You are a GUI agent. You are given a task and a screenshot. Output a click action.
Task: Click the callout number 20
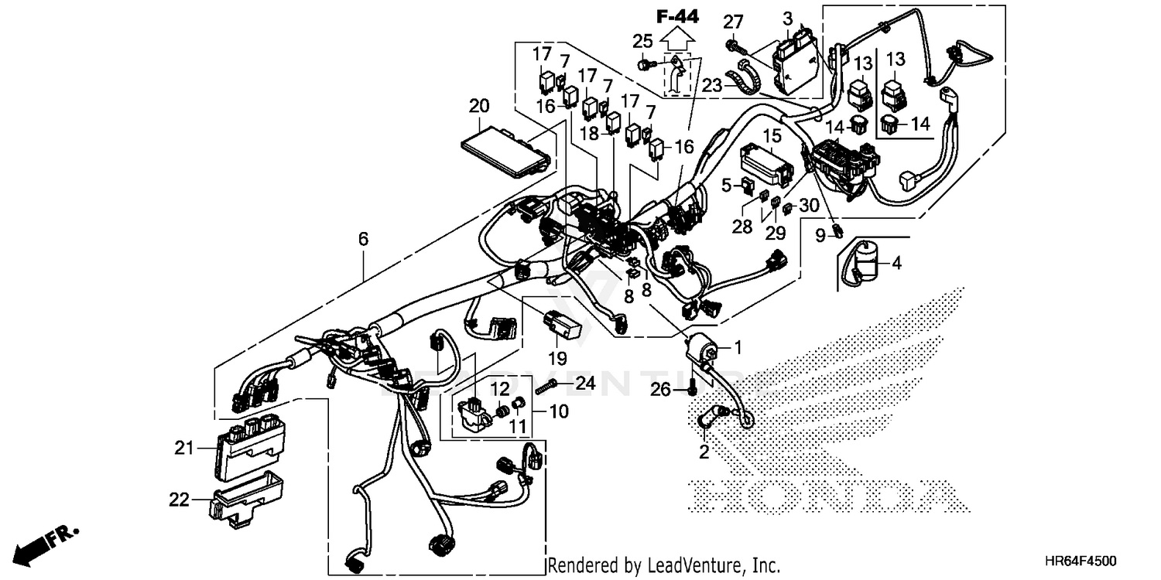[x=479, y=105]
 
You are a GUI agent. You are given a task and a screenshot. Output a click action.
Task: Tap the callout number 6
[x=363, y=240]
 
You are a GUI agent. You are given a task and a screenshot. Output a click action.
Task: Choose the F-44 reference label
[x=676, y=15]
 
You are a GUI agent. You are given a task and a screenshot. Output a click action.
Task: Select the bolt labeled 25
[x=645, y=64]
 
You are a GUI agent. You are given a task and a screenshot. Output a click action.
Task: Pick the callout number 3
[x=788, y=17]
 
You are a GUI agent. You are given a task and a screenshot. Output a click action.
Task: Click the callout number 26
[x=660, y=391]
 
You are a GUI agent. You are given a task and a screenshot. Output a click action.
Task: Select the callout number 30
[x=808, y=206]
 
